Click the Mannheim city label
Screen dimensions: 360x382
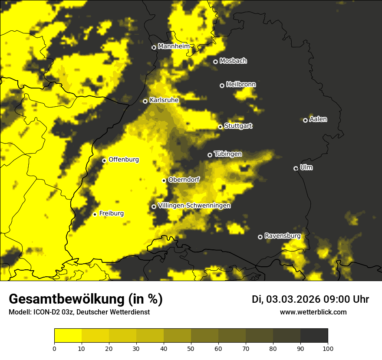click(x=174, y=46)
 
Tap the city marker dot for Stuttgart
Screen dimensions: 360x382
click(x=220, y=127)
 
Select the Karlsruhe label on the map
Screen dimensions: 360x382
click(x=164, y=100)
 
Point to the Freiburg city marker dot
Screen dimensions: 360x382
click(x=95, y=214)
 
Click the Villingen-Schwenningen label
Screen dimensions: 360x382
click(x=194, y=206)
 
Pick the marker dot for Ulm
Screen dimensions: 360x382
click(x=296, y=168)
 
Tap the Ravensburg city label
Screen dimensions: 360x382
click(x=282, y=236)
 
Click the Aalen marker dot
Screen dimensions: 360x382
click(x=305, y=120)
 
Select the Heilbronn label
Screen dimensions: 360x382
click(x=241, y=85)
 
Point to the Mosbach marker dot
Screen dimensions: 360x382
click(x=215, y=62)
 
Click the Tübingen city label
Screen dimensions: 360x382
click(x=228, y=154)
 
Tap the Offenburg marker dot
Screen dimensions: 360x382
click(x=104, y=160)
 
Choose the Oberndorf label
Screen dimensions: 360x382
click(x=184, y=180)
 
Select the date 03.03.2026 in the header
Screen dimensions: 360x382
click(x=293, y=299)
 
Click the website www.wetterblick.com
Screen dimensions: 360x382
click(x=313, y=312)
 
